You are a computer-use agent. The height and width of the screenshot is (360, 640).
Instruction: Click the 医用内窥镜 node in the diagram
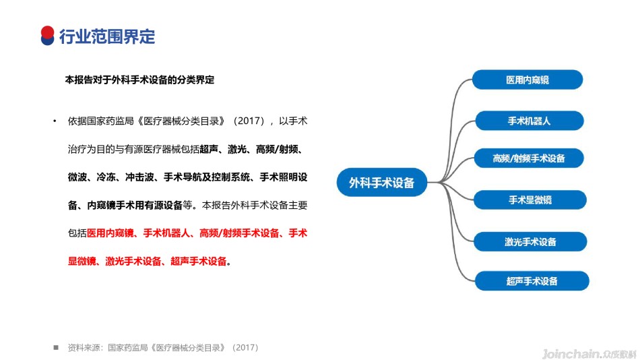pos(527,80)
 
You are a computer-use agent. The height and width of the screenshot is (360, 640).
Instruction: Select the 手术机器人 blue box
pos(530,121)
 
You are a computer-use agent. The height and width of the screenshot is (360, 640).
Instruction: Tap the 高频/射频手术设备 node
pos(529,158)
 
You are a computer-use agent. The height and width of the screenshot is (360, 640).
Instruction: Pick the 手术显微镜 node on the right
pos(530,200)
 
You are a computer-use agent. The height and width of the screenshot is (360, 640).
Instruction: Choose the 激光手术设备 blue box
pos(530,242)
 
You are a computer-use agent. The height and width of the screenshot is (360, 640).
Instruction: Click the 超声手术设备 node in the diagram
pos(532,280)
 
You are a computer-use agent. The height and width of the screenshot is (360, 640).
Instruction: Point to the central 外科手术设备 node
pos(381,182)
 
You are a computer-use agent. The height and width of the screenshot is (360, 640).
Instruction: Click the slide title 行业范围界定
pos(107,36)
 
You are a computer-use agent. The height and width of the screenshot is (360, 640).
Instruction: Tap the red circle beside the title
pos(47,32)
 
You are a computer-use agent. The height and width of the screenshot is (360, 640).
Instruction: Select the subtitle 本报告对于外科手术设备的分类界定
pos(139,80)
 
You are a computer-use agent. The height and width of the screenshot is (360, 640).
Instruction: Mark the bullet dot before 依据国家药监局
pos(55,121)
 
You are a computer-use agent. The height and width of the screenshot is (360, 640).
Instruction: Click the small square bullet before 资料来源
pos(56,347)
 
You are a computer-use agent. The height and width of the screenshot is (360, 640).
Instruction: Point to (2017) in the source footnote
pos(245,348)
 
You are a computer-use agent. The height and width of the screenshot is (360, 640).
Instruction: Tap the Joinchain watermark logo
pos(589,354)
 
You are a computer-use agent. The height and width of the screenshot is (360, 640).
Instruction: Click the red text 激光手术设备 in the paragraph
pos(133,261)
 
